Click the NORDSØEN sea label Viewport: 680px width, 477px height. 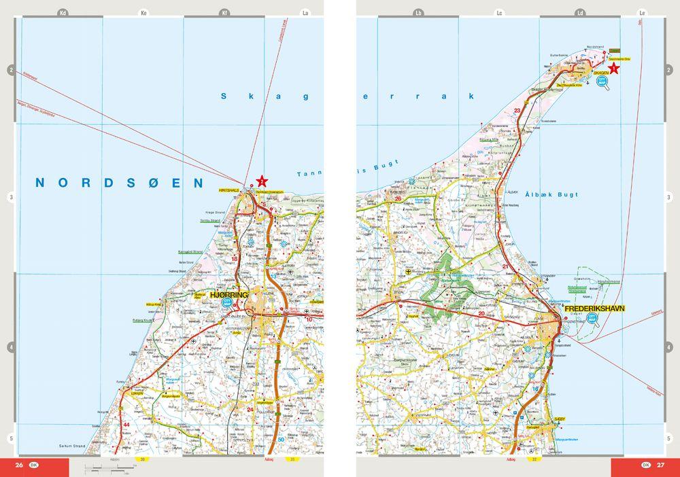pos(120,183)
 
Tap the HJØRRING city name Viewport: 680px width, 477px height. pos(231,294)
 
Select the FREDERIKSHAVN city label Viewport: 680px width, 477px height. pos(594,308)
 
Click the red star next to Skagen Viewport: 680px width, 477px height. pos(614,67)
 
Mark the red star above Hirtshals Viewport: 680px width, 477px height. pos(262,181)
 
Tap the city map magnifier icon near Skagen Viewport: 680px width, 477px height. pos(602,82)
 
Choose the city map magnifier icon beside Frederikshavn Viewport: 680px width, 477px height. pos(594,320)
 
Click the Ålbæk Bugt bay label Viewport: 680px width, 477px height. pos(551,195)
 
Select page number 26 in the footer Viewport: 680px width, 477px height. pos(20,465)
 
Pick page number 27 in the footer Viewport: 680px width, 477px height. pos(660,465)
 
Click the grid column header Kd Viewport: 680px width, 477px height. pos(63,12)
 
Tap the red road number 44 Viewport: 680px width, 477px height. pos(126,425)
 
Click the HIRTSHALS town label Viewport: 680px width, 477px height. pos(228,191)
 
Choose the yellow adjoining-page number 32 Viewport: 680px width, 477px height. pos(534,460)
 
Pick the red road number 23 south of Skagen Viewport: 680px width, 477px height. pos(518,110)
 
